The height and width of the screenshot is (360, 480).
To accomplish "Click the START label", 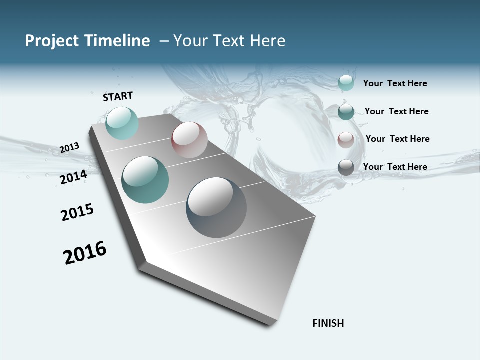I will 118,96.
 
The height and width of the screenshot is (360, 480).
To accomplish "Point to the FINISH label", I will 328,323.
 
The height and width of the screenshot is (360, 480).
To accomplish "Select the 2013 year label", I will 69,148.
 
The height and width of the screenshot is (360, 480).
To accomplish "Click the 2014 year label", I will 73,177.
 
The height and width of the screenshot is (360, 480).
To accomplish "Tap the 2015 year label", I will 77,212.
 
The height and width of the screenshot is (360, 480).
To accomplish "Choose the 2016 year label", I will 85,253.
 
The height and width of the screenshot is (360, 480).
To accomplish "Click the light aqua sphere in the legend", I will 346,83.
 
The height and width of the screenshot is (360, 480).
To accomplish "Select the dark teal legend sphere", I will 346,112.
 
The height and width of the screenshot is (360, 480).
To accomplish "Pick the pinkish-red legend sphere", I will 346,140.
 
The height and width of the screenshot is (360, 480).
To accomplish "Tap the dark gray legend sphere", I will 346,167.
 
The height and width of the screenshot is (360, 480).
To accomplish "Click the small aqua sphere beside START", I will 122,123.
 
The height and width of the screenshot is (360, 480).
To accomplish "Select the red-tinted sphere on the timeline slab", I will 189,140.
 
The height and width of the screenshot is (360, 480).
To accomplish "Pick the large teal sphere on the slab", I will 145,180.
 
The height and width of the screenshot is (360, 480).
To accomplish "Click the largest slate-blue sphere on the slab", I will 216,207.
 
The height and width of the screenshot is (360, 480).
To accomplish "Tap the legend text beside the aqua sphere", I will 395,83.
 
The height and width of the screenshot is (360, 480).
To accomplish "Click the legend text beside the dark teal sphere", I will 396,111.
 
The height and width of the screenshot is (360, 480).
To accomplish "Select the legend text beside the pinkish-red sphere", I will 397,139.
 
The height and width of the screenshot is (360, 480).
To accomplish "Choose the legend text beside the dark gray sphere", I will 395,167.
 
